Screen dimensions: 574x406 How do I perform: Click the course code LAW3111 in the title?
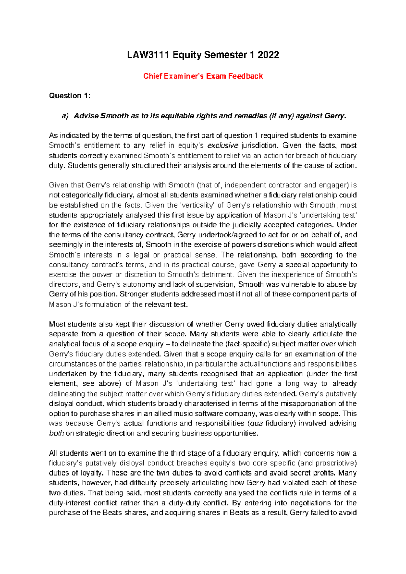tap(148, 55)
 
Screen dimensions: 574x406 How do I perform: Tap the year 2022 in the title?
tap(268, 55)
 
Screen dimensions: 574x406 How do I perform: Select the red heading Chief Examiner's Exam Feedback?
tap(203, 76)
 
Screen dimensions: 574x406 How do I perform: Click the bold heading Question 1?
tap(70, 96)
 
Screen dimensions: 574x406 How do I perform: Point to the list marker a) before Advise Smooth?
tap(65, 116)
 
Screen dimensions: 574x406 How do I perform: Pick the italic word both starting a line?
tap(56, 433)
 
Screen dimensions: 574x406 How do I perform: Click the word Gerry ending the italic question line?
tap(335, 116)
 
